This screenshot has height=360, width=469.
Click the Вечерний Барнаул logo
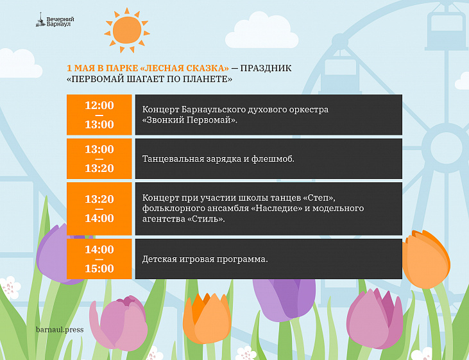pos(55,21)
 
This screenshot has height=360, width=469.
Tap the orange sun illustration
pos(127,30)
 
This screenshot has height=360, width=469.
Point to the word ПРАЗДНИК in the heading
pos(266,68)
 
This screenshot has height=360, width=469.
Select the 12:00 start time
pos(99,105)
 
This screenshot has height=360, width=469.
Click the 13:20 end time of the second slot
pos(99,168)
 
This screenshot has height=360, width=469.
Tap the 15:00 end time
pos(99,268)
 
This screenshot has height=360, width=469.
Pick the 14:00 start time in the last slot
pos(99,249)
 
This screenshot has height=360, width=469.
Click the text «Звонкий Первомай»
pos(189,120)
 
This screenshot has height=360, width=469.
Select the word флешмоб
pos(273,159)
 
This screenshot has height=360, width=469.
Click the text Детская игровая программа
pos(205,259)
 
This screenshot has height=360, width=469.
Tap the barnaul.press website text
pos(60,330)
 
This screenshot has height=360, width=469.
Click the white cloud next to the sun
pos(261,31)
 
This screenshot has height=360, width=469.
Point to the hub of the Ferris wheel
pos(446,148)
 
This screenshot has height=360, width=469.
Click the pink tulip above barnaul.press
pos(119,323)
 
